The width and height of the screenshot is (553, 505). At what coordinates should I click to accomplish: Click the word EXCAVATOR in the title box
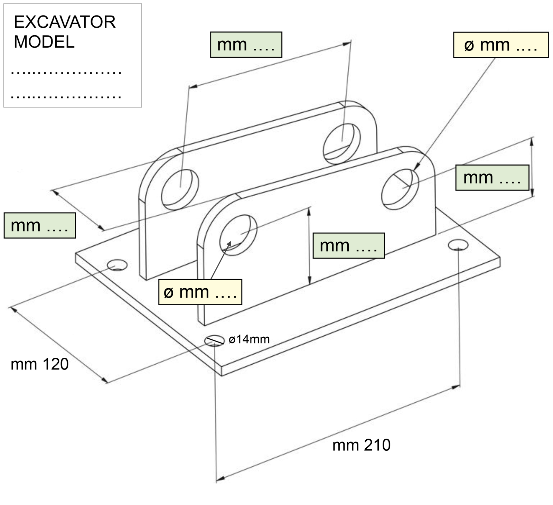click(65, 22)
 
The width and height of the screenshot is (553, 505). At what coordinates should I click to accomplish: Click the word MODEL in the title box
click(44, 42)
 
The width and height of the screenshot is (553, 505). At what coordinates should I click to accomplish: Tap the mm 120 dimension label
click(40, 364)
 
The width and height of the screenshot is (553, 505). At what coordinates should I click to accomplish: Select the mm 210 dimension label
click(361, 445)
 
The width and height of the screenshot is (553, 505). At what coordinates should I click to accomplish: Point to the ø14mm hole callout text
click(249, 339)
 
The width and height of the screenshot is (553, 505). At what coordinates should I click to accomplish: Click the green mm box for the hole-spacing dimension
click(246, 45)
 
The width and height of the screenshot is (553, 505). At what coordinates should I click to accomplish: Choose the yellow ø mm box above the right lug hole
click(500, 45)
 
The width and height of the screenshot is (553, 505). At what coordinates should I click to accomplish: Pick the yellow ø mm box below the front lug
click(200, 292)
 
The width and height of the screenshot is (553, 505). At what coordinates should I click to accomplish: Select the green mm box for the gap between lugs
click(40, 225)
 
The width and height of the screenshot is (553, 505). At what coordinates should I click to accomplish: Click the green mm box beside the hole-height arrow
click(348, 245)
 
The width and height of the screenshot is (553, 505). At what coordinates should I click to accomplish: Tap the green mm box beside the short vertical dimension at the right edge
click(492, 178)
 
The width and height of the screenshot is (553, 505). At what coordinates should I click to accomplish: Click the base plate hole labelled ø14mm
click(215, 341)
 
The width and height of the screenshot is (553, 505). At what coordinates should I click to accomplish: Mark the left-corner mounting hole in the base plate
click(117, 265)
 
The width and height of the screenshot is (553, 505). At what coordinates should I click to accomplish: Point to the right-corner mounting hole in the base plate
click(458, 245)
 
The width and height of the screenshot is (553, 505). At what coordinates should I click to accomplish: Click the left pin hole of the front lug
click(238, 235)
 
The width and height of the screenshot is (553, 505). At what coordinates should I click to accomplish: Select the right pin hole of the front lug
click(400, 189)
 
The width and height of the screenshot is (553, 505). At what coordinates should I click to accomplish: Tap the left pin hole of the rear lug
click(180, 189)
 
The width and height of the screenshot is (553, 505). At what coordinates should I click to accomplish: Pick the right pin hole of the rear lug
click(341, 143)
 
